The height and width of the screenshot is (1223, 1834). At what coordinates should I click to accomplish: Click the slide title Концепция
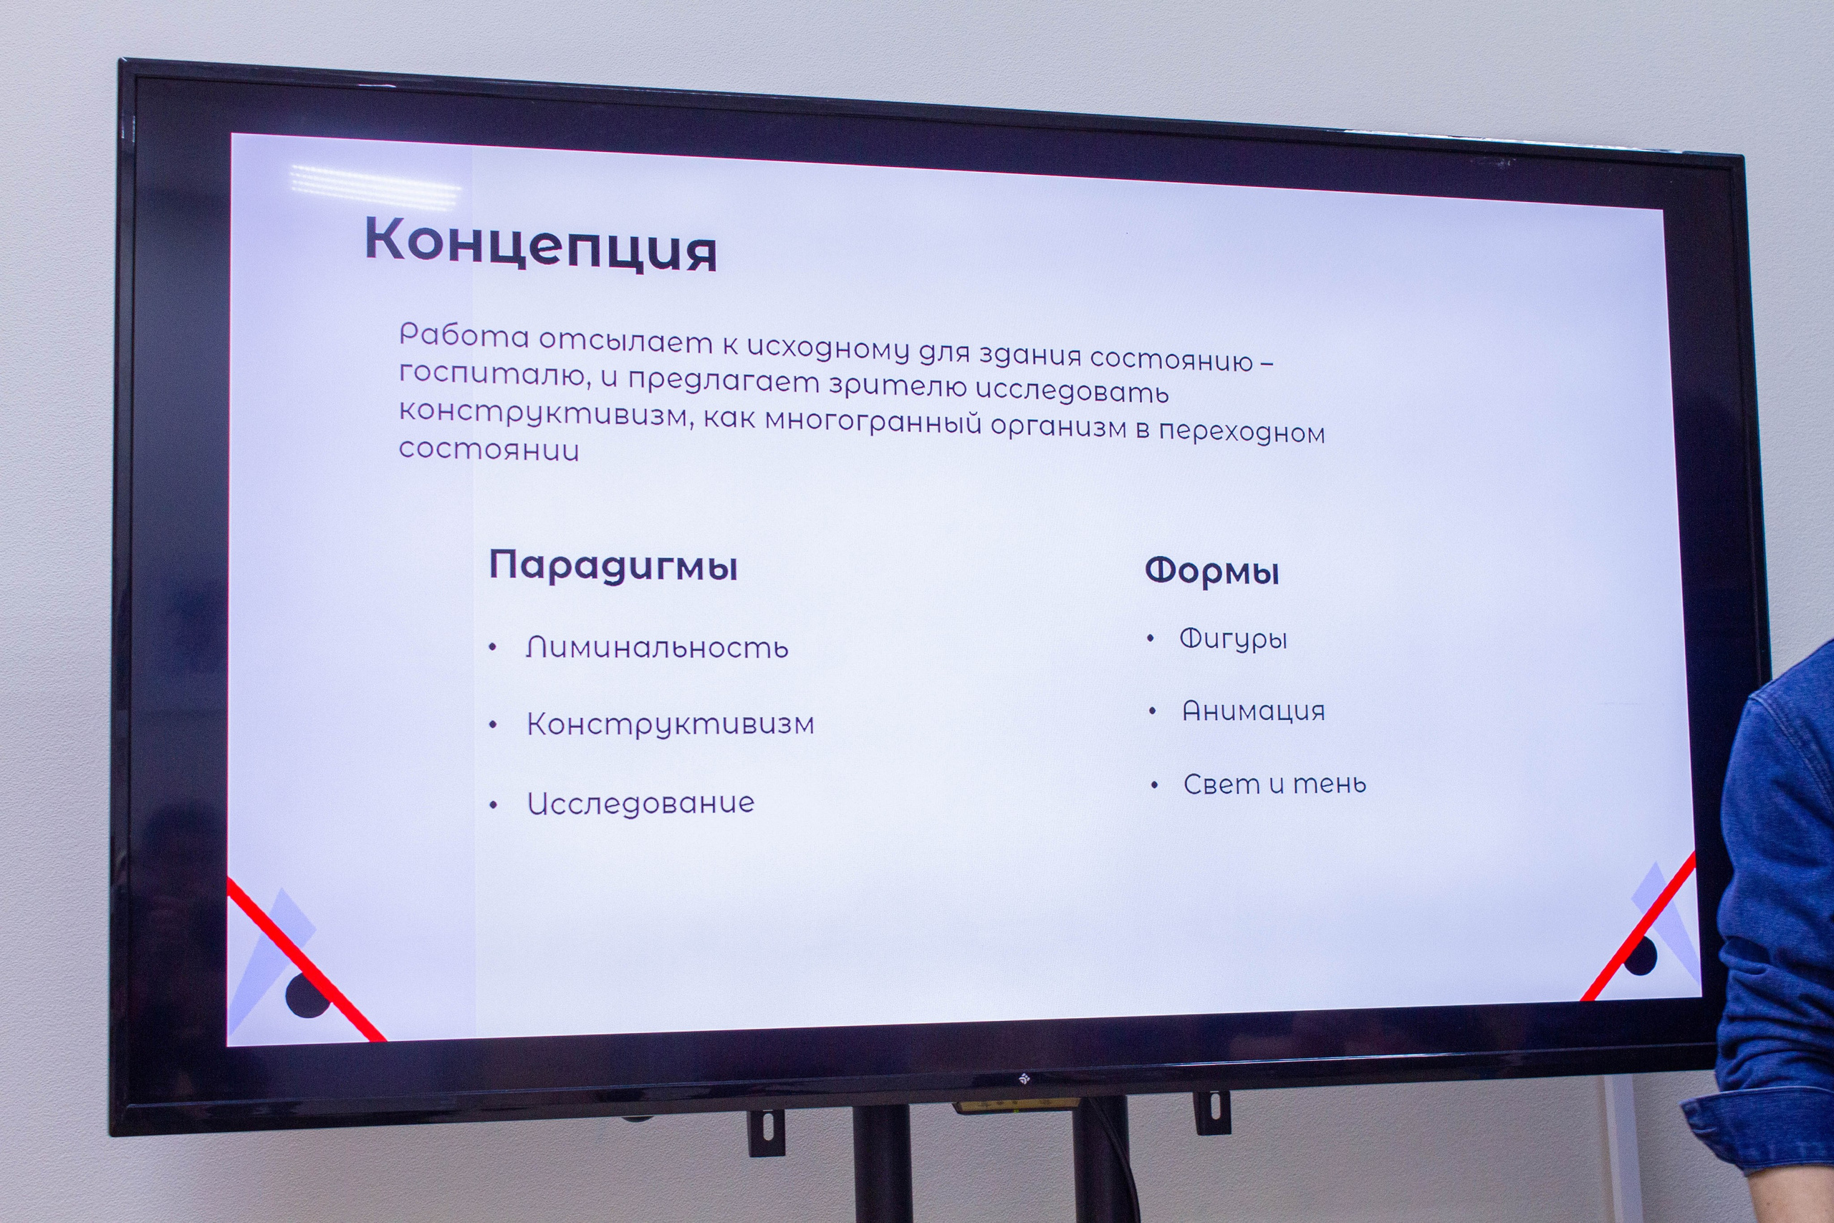(x=539, y=245)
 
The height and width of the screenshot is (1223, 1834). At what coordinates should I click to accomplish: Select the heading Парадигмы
(x=613, y=566)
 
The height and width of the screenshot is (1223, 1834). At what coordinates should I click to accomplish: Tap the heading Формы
(x=1211, y=572)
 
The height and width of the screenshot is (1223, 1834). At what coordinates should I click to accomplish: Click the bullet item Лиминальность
(x=656, y=648)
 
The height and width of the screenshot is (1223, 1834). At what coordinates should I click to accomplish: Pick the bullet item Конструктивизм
(x=670, y=724)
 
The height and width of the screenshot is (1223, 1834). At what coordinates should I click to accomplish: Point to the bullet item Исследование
(x=640, y=803)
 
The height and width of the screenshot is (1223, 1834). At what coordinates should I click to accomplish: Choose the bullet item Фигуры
(x=1233, y=640)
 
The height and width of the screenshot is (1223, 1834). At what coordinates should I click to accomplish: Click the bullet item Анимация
(x=1253, y=711)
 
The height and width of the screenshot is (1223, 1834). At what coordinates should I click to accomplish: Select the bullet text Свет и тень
(x=1274, y=784)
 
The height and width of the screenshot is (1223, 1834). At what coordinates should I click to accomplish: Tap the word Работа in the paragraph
(x=464, y=335)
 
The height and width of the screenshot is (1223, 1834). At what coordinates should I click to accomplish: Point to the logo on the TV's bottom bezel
(x=1024, y=1079)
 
